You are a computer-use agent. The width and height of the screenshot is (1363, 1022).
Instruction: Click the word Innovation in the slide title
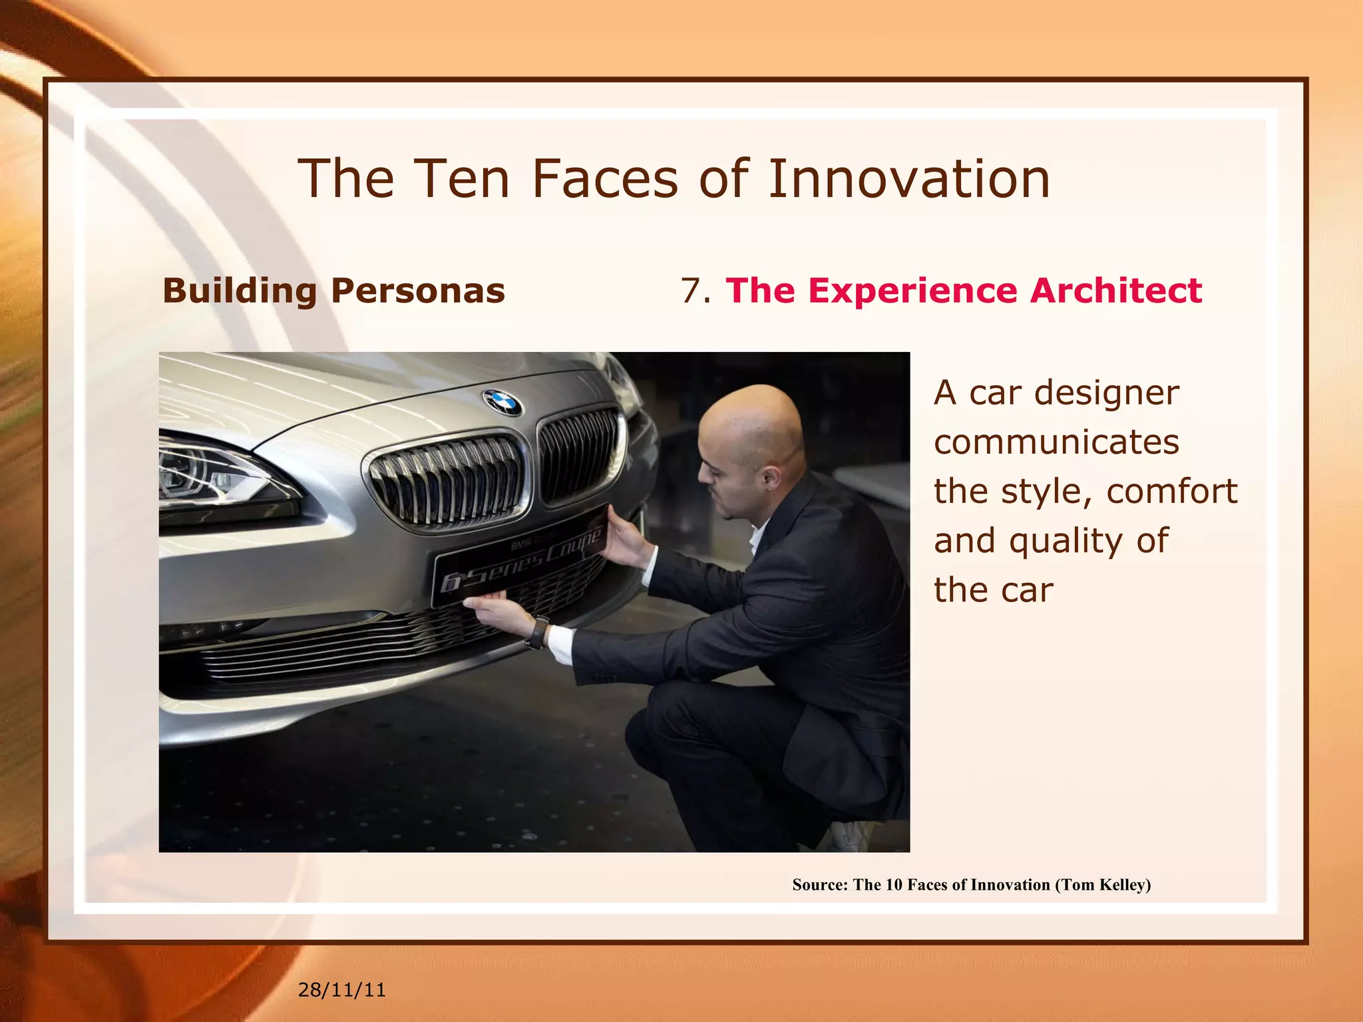[x=909, y=179]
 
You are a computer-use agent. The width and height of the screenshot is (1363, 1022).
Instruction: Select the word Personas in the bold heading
[x=418, y=291]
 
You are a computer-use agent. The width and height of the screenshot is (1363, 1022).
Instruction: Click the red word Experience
[x=912, y=291]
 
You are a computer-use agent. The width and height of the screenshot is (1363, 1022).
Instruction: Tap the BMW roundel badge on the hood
[x=502, y=402]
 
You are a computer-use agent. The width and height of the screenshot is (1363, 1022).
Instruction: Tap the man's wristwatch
[x=538, y=631]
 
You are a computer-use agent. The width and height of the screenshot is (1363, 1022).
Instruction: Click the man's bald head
[x=752, y=419]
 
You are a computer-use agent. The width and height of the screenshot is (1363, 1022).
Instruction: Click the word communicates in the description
[x=1056, y=442]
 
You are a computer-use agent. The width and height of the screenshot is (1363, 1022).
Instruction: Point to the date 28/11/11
[x=341, y=989]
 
